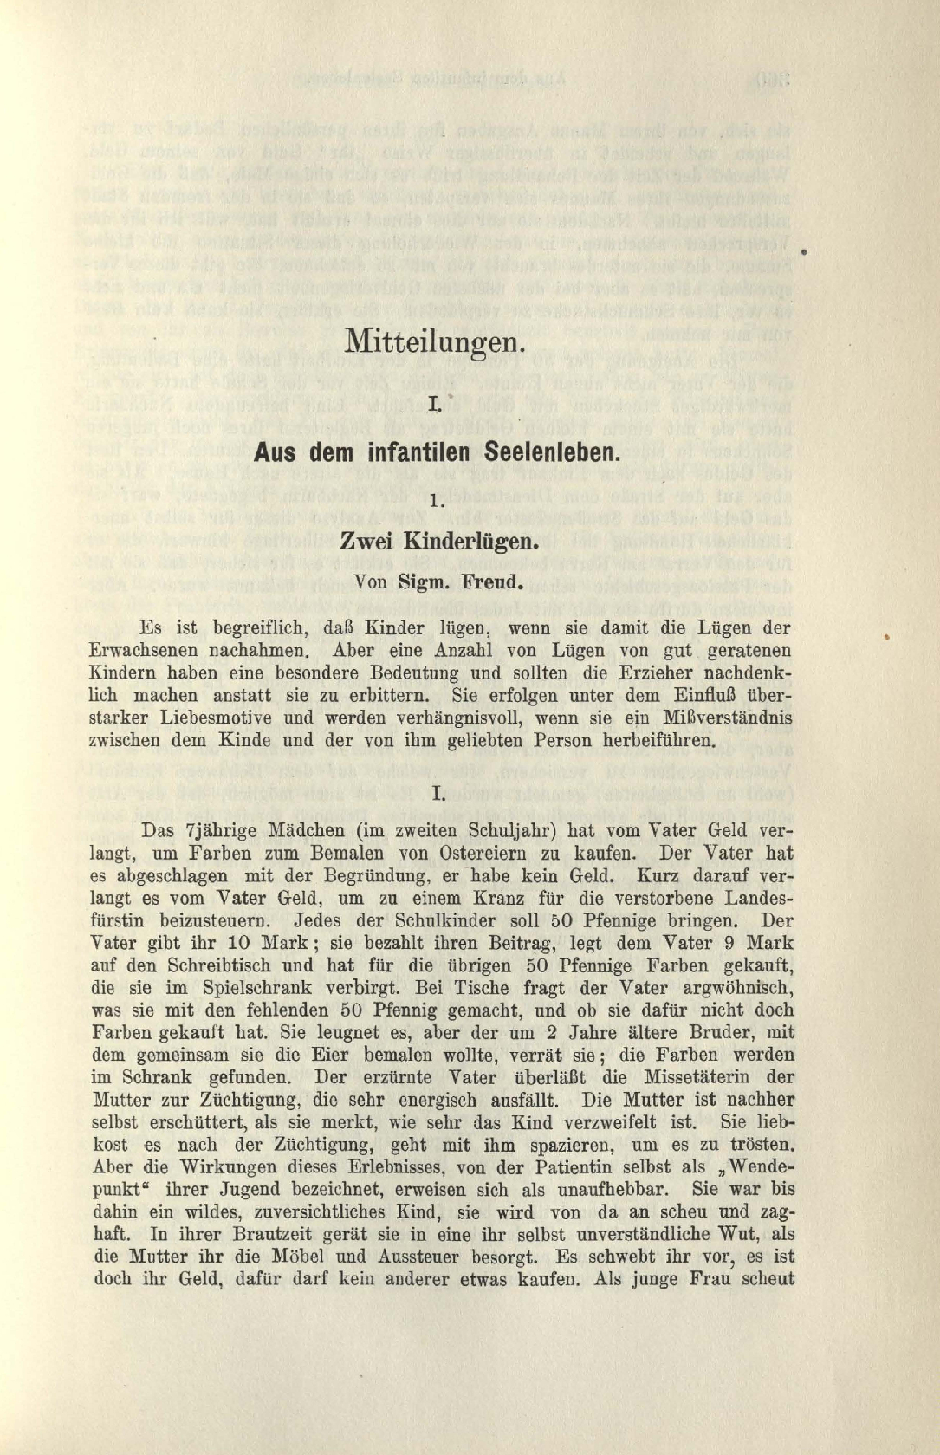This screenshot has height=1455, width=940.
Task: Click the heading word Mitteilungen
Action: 434,340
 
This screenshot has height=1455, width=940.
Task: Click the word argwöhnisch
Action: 735,989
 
